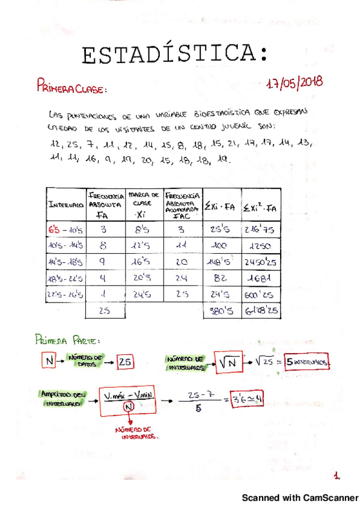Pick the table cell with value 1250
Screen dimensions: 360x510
pos(261,246)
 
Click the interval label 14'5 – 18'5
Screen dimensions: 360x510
pos(66,262)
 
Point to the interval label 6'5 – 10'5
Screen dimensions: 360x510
pos(66,229)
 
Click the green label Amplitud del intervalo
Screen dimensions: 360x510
pos(62,398)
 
